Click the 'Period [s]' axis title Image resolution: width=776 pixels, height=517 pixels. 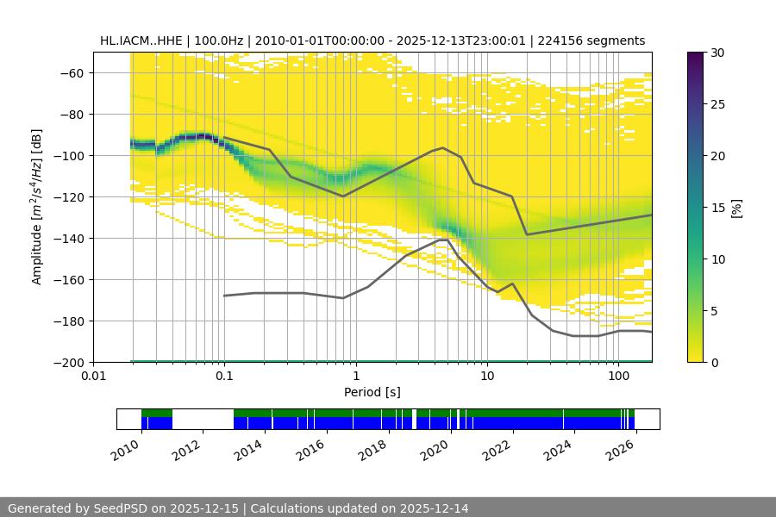(x=372, y=392)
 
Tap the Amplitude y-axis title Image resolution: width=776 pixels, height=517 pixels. (x=36, y=207)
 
